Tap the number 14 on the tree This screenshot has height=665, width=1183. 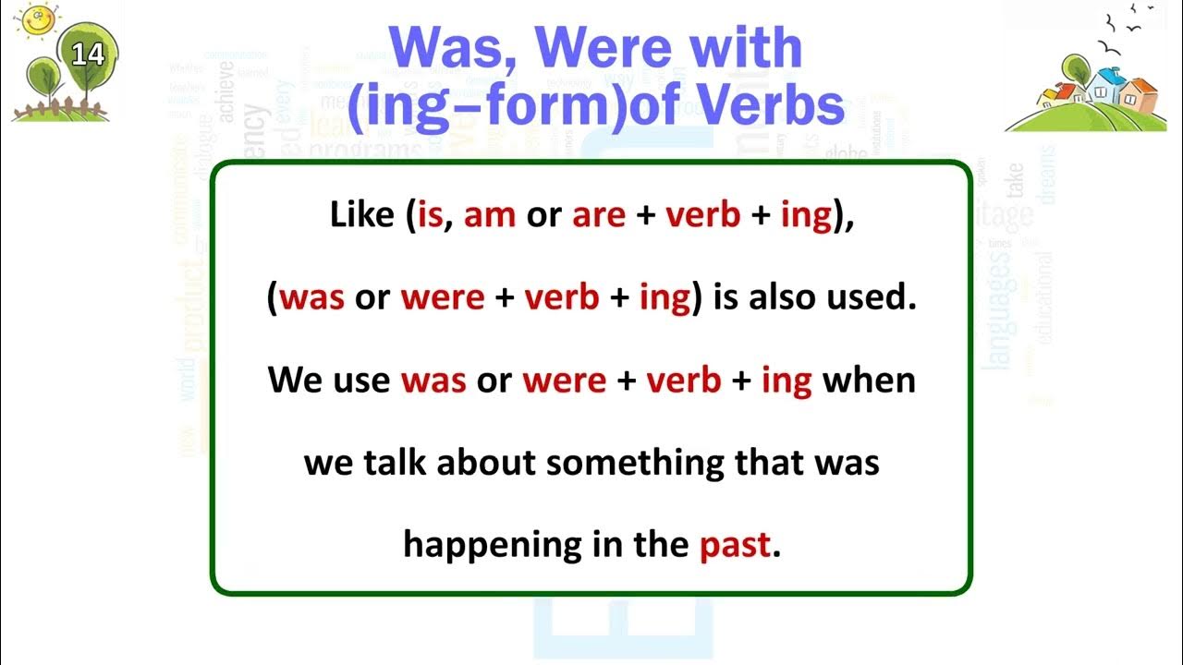(88, 54)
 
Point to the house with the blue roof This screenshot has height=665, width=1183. (1104, 88)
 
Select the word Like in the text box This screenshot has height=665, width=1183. (362, 215)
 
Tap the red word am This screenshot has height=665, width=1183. (489, 215)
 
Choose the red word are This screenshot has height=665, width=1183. (599, 215)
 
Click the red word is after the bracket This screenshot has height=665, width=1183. (431, 215)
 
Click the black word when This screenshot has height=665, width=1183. (868, 381)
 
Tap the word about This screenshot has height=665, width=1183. (486, 463)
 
